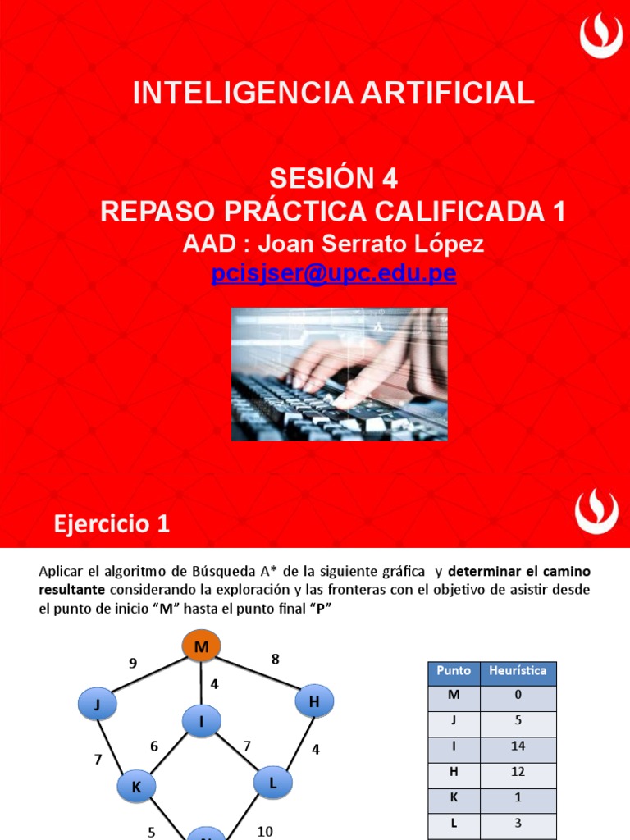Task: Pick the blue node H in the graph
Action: pyautogui.click(x=313, y=701)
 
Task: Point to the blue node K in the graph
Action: pyautogui.click(x=136, y=787)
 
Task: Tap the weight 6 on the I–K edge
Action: pyautogui.click(x=153, y=746)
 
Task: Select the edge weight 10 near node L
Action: pyautogui.click(x=265, y=831)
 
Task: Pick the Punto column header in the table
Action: pyautogui.click(x=454, y=671)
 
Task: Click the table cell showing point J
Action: pyautogui.click(x=454, y=721)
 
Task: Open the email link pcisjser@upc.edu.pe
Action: pyautogui.click(x=333, y=274)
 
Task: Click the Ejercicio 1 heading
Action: pyautogui.click(x=112, y=523)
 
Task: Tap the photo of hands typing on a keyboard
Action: pyautogui.click(x=339, y=373)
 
